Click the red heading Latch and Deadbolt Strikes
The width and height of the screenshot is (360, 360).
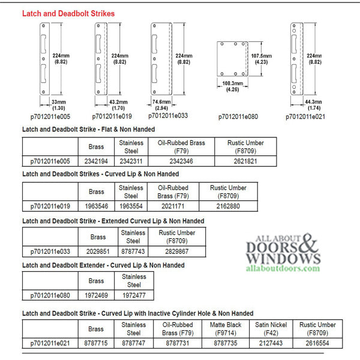[x=68, y=13]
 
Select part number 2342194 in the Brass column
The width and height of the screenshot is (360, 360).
[x=96, y=161]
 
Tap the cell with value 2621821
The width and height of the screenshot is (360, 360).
[x=245, y=161]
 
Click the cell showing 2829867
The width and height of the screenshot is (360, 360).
[x=176, y=251]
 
